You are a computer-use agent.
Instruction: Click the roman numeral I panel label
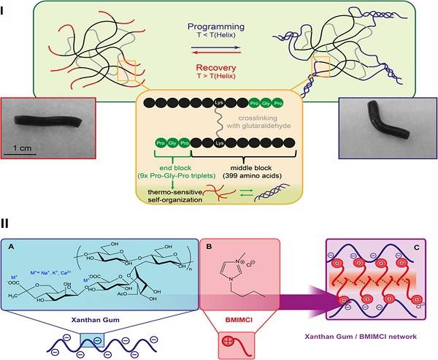click(6, 6)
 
